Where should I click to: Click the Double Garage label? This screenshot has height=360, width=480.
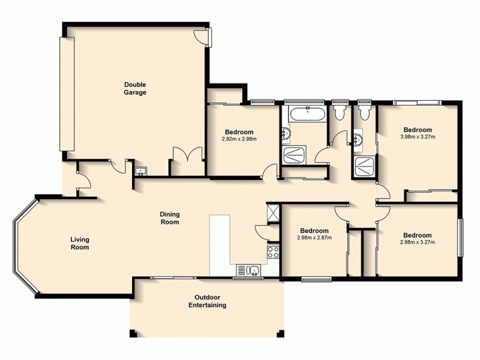pos(135,88)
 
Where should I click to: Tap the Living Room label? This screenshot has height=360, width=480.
pos(80,242)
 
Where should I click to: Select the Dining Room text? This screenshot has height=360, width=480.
pos(170,218)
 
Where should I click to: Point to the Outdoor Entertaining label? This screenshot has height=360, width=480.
pos(209,301)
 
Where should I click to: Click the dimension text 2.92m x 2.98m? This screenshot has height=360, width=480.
pos(239,140)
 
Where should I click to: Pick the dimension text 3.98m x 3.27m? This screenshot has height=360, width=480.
pos(417,137)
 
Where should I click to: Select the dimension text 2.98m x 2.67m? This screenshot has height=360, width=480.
pos(314,238)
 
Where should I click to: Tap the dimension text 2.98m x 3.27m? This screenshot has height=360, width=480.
pos(417,242)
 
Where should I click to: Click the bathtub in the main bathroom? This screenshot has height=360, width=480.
pos(307,112)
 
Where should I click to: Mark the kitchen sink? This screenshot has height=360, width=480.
pos(248,270)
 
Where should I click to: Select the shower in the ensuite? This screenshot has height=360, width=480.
pos(364,166)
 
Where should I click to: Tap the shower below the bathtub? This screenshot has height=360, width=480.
pos(293,155)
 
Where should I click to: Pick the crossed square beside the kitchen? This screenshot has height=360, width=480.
pos(272,214)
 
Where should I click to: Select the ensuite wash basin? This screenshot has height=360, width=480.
pos(359,141)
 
